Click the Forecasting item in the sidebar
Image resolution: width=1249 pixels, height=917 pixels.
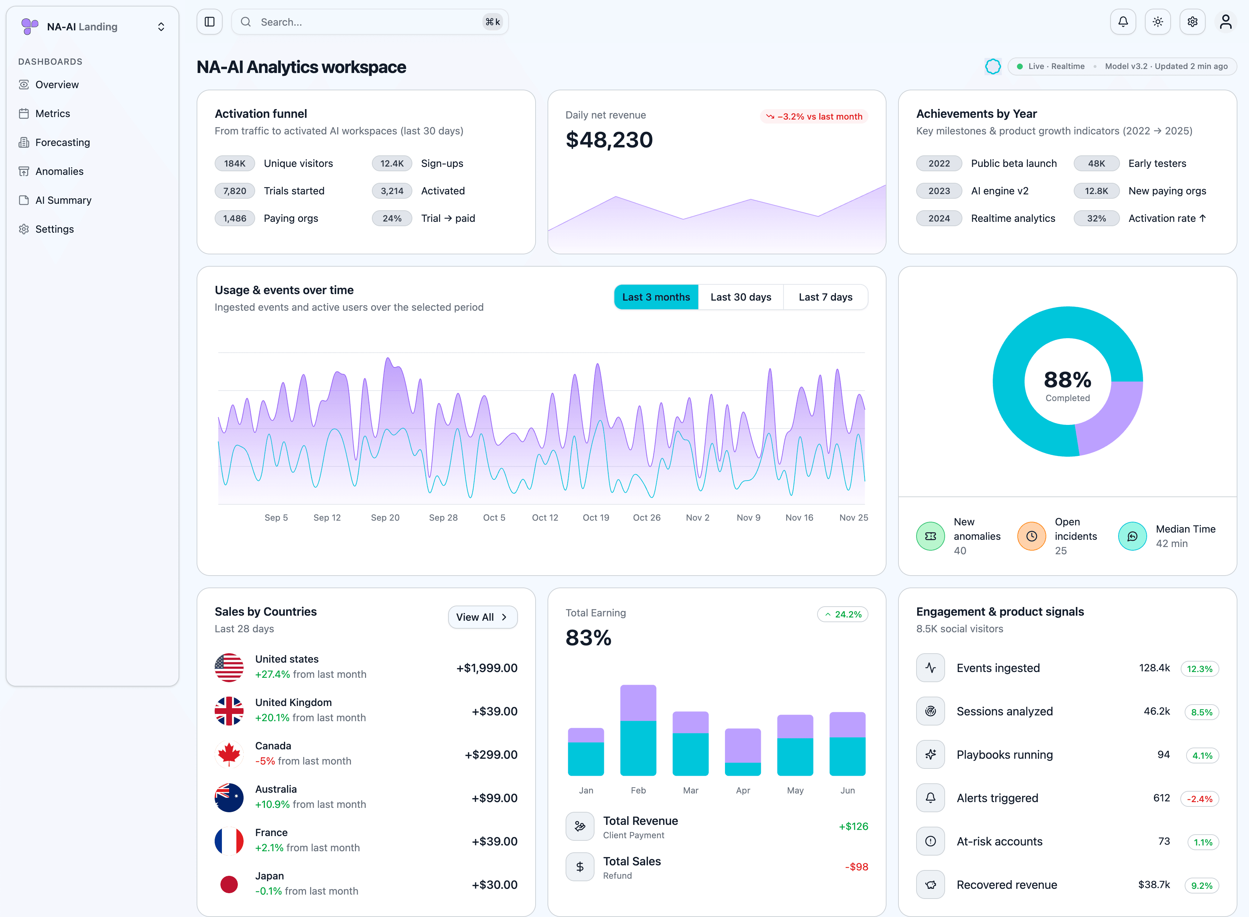click(62, 143)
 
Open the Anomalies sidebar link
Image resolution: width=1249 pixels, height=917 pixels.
click(59, 172)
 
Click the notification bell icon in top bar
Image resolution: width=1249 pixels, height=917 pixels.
click(1123, 22)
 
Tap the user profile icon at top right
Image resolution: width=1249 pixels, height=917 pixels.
click(1225, 22)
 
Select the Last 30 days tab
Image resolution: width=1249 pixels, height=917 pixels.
click(741, 297)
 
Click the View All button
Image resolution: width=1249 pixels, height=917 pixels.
click(482, 617)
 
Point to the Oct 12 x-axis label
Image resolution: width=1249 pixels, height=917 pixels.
click(545, 517)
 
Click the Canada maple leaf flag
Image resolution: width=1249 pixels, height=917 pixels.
click(229, 754)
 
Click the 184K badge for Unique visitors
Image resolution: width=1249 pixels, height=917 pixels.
click(234, 164)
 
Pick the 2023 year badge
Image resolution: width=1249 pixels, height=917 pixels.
click(939, 191)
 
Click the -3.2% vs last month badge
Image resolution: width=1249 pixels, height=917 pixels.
click(814, 117)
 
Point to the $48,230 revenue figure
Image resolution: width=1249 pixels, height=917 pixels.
click(609, 140)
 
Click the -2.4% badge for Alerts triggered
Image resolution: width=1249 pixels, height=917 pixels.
click(1199, 799)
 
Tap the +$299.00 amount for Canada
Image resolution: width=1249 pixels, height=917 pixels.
click(491, 755)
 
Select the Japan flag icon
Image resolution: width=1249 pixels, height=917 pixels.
click(229, 884)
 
